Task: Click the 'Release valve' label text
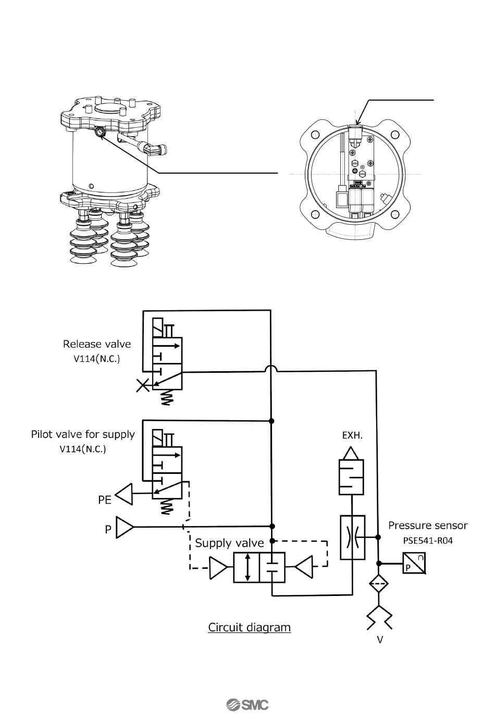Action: (x=97, y=344)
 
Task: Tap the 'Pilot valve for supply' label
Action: (x=83, y=434)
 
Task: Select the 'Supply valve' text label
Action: (x=229, y=543)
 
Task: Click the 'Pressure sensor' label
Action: (x=428, y=526)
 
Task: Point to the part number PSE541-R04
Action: (x=428, y=541)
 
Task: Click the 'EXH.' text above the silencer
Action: (x=352, y=435)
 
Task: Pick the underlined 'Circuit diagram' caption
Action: (x=249, y=627)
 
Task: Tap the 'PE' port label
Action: (x=105, y=500)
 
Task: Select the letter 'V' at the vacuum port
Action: (x=380, y=640)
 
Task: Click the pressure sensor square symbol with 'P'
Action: (x=414, y=564)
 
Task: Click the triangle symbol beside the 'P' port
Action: (x=125, y=527)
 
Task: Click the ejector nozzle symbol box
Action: (x=352, y=538)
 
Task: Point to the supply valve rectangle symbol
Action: (x=259, y=568)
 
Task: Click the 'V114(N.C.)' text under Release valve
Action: (x=97, y=359)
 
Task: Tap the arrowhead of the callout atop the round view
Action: (x=357, y=121)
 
